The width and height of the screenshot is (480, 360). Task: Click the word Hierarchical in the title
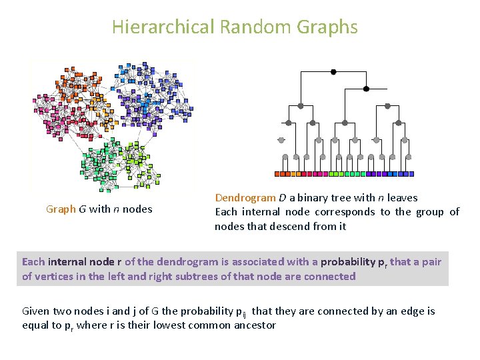(x=163, y=27)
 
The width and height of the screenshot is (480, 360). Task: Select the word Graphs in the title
(x=328, y=27)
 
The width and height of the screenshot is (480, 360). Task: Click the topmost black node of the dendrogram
(x=333, y=71)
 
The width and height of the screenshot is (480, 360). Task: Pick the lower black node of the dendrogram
(x=365, y=88)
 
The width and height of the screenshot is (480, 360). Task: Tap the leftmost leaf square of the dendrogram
(x=279, y=173)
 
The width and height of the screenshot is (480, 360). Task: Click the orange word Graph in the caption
(x=61, y=209)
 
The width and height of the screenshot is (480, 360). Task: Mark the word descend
(x=289, y=226)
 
